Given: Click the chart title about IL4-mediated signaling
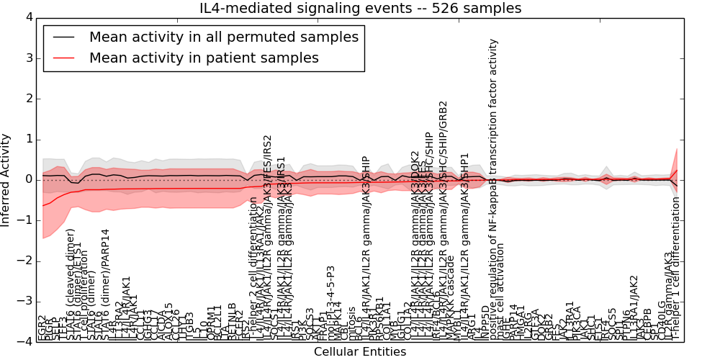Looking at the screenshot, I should (360, 9).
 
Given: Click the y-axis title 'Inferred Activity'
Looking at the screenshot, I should (6, 179).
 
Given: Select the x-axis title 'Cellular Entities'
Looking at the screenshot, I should (360, 352).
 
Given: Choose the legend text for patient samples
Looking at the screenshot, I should (204, 58).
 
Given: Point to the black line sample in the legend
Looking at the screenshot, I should (64, 37).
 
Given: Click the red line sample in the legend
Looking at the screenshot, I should (64, 58).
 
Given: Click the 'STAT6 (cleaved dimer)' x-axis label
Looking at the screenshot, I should (71, 284).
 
